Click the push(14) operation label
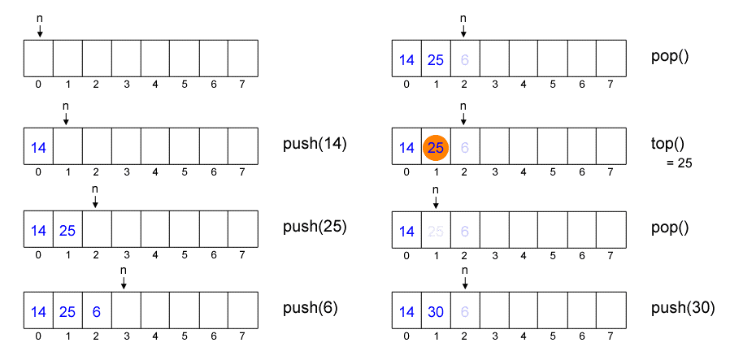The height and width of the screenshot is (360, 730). point(315,145)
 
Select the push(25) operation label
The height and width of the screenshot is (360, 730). point(315,227)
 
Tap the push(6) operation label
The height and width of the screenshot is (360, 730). point(310,308)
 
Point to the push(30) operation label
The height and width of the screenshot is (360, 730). point(683,308)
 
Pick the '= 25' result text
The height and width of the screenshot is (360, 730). point(678,163)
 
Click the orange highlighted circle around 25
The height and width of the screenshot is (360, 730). point(436,148)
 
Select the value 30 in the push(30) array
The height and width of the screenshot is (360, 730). point(436,312)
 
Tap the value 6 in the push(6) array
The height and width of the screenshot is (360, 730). point(97,312)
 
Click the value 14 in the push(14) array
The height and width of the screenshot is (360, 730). point(38,148)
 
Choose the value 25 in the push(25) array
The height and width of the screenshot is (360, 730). point(67,230)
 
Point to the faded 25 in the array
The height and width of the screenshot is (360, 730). point(436,230)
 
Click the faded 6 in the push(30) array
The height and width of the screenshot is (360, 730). point(465,312)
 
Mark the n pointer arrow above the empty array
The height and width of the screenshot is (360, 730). point(39,30)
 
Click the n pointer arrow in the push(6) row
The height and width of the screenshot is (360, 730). point(124,282)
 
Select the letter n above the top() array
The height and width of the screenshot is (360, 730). point(463,106)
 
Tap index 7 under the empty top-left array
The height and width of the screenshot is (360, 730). point(242,84)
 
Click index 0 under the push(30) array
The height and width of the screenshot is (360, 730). point(406,335)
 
